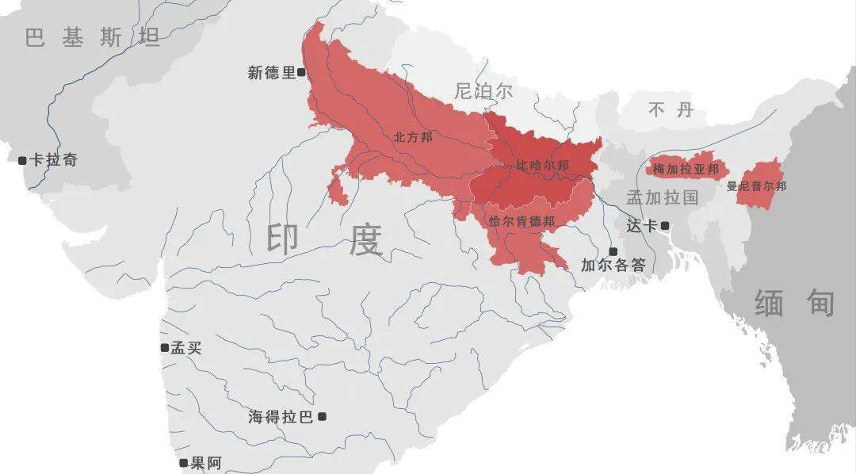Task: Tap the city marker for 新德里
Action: tap(301, 72)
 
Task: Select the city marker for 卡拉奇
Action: tap(22, 160)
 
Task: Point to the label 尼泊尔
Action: tap(483, 90)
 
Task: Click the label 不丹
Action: tap(671, 109)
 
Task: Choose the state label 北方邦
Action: tap(413, 137)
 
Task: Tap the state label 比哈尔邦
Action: tap(543, 166)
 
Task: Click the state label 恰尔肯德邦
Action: tap(522, 220)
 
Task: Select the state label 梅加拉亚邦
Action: tap(686, 169)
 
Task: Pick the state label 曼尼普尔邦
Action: tap(757, 187)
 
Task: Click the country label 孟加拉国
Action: tap(662, 197)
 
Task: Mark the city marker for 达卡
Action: tap(665, 226)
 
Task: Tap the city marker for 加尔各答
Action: tap(613, 251)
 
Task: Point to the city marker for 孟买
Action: tap(164, 347)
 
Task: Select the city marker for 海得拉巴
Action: tap(322, 416)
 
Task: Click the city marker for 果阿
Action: tap(184, 463)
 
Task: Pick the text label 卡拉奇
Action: tap(54, 160)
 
